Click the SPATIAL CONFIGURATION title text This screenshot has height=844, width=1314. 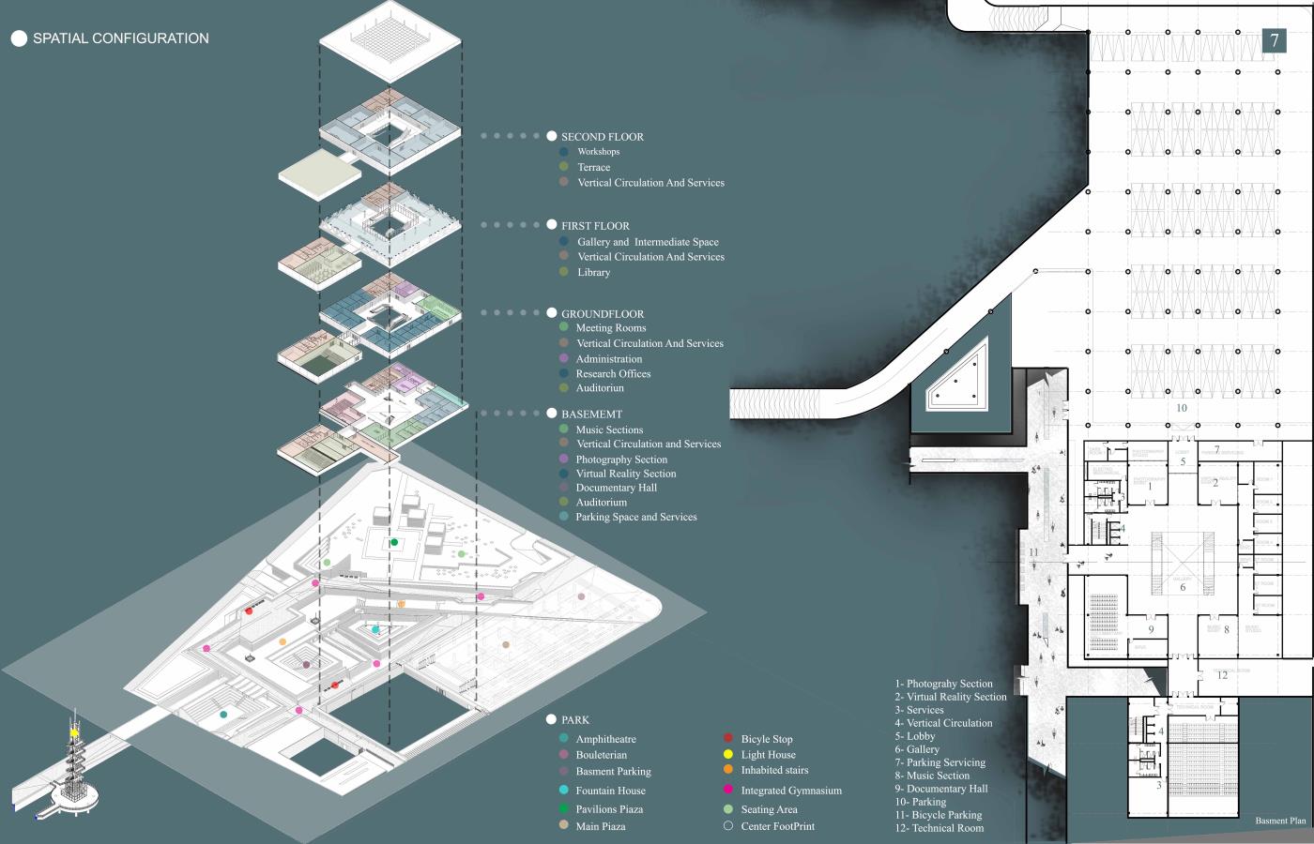[x=120, y=38]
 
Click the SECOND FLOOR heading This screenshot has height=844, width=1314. [x=602, y=137]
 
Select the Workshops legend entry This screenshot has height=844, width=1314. [x=598, y=152]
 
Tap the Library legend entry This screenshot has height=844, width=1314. [x=593, y=273]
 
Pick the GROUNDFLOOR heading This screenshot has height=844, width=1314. [x=602, y=314]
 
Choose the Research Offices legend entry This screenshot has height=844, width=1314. [x=613, y=374]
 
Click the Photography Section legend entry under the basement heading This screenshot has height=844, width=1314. [x=621, y=460]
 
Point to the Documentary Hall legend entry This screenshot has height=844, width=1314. [x=616, y=488]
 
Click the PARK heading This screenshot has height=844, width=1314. [x=574, y=720]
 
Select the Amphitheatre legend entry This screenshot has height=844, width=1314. [x=605, y=740]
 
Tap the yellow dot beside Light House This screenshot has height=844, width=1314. [x=728, y=754]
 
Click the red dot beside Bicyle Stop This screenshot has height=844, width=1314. [x=728, y=739]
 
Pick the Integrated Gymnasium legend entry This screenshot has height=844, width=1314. [x=791, y=791]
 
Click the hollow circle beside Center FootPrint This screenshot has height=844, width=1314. [x=728, y=826]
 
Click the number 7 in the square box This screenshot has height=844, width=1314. [x=1275, y=40]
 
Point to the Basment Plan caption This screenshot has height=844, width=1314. [x=1280, y=821]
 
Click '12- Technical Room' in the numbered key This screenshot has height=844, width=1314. [x=939, y=828]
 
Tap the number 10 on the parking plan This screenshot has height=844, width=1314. [x=1181, y=408]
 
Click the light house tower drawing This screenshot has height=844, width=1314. [x=74, y=764]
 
